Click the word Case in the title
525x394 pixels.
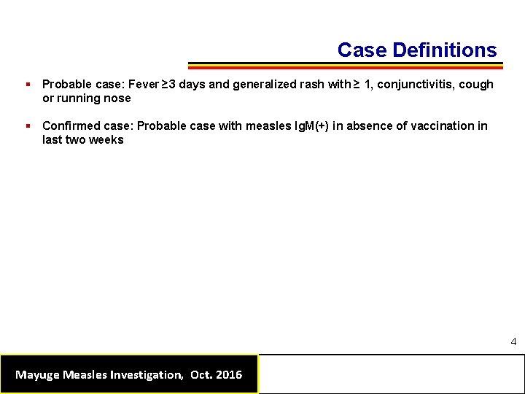pyautogui.click(x=362, y=50)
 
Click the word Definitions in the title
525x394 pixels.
pyautogui.click(x=444, y=50)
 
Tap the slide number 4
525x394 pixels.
pyautogui.click(x=513, y=341)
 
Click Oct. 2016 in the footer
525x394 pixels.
pyautogui.click(x=216, y=375)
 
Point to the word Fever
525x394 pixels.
pyautogui.click(x=144, y=85)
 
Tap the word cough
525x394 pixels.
pyautogui.click(x=476, y=85)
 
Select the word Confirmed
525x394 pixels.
pyautogui.click(x=71, y=126)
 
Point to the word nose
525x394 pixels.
pyautogui.click(x=118, y=98)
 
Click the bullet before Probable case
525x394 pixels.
pyautogui.click(x=27, y=85)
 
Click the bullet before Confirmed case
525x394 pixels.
pyautogui.click(x=27, y=126)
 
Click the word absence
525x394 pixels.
pyautogui.click(x=370, y=126)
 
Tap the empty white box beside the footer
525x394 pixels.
pyautogui.click(x=392, y=374)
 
